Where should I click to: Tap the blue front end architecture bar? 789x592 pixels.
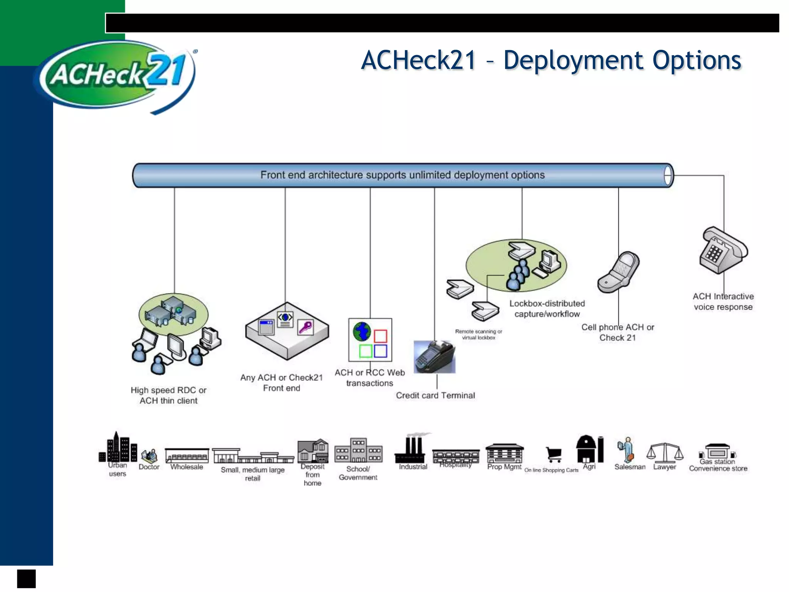tap(402, 175)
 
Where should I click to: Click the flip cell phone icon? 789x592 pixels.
tap(618, 272)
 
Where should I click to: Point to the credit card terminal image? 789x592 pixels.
tap(435, 357)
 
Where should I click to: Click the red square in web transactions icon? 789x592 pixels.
tap(380, 336)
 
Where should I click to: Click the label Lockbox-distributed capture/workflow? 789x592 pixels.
tap(547, 309)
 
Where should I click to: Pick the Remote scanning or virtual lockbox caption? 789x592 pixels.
tap(478, 335)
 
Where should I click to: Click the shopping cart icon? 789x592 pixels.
tap(554, 454)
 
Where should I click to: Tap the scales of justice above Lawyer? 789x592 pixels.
tap(665, 452)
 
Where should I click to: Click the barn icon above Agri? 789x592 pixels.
tap(586, 449)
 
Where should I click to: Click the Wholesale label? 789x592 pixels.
tap(186, 467)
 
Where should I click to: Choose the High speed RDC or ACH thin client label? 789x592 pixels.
tap(169, 395)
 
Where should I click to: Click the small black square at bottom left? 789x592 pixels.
tap(26, 579)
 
